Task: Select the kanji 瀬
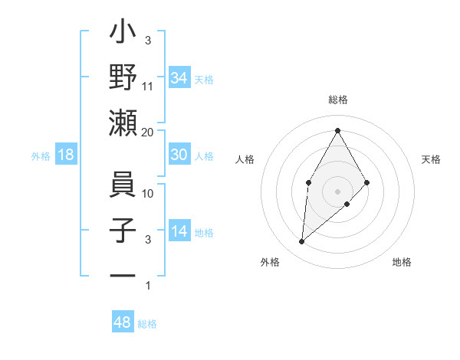point(123,123)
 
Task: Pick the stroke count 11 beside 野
point(148,86)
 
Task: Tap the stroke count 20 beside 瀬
point(148,132)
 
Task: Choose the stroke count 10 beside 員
point(148,193)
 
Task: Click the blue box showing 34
point(179,78)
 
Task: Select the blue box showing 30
point(179,155)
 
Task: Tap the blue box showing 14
point(179,231)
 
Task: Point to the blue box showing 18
point(67,155)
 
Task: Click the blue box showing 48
point(122,322)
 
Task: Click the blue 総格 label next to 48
point(147,324)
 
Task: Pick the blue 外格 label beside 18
point(41,156)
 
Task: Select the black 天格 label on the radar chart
point(432,159)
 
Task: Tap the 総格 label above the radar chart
point(337,100)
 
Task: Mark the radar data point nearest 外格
point(301,242)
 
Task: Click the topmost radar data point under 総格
point(337,130)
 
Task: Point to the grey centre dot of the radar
point(337,190)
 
